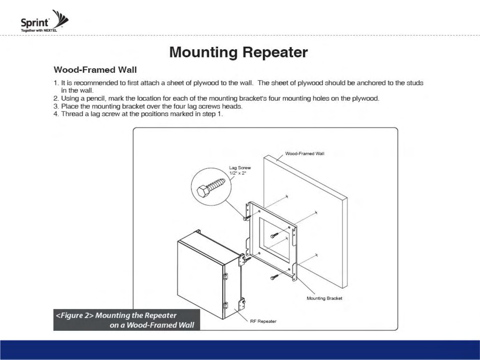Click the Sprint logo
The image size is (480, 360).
(44, 21)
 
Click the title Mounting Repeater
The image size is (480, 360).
(238, 52)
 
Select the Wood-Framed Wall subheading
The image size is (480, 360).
(95, 70)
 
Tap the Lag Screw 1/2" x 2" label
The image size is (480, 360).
(240, 170)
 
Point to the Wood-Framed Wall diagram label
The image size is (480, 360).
(304, 154)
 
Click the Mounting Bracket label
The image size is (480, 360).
(324, 298)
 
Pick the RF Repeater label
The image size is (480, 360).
(263, 321)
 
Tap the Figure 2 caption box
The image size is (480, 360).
(127, 320)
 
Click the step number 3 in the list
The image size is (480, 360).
(56, 106)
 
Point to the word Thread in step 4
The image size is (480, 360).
(70, 114)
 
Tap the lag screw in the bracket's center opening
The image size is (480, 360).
(274, 235)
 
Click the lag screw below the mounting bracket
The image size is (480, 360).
(274, 277)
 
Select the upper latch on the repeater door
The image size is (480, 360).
(225, 276)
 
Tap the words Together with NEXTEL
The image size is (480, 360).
(39, 31)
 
